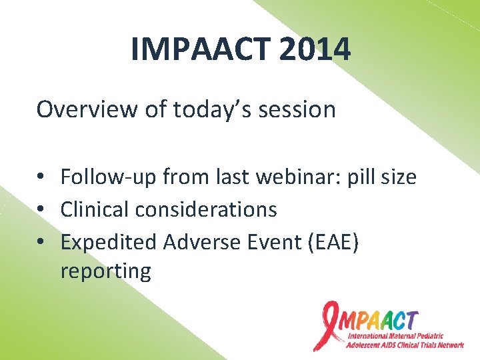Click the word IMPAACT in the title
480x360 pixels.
pyautogui.click(x=192, y=49)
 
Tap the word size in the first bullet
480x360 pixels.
pyautogui.click(x=398, y=177)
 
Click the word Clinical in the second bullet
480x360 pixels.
pyautogui.click(x=95, y=209)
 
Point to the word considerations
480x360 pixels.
pyautogui.click(x=206, y=209)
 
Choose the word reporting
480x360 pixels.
pyautogui.click(x=105, y=271)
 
